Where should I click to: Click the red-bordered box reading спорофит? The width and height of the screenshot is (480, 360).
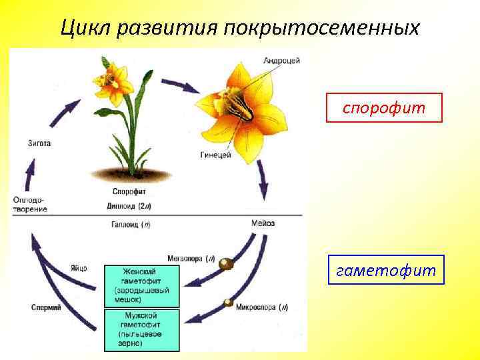point(384,107)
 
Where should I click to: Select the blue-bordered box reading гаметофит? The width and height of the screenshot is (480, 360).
point(386,270)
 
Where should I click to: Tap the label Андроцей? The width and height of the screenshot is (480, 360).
point(281,61)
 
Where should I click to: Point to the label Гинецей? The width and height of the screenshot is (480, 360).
point(215,155)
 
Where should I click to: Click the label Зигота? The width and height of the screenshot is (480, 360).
point(39,143)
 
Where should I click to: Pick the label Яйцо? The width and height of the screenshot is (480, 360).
point(78,268)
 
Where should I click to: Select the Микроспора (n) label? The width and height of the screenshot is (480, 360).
point(265,307)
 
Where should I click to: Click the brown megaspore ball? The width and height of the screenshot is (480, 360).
point(227,264)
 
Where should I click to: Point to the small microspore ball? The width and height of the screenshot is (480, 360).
point(228,303)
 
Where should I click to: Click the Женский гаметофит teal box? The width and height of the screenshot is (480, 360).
point(141,286)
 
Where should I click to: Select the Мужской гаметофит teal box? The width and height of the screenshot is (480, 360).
point(141,329)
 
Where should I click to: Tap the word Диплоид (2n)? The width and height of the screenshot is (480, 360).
point(129,205)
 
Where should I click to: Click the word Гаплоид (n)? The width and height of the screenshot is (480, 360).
point(130,225)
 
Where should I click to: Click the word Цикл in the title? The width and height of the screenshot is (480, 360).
point(83,28)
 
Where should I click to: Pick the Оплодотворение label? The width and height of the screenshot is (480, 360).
point(30,205)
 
